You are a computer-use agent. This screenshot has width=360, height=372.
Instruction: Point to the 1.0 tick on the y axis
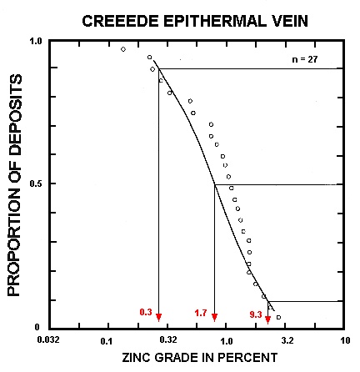coord(36,41)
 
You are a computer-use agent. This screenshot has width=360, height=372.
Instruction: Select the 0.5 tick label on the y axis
coord(36,184)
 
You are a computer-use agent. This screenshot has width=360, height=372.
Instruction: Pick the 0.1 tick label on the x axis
coord(106,341)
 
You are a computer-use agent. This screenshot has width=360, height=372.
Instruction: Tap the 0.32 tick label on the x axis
coord(167,341)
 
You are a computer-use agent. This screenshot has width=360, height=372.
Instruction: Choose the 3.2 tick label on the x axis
coord(287,341)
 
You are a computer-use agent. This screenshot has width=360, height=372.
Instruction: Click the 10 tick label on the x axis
coord(344,341)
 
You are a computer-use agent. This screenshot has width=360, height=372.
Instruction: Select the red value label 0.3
coord(145,313)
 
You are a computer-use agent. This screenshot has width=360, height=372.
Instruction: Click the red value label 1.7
coord(201,313)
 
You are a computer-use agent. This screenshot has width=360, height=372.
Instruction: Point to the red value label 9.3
coord(254,313)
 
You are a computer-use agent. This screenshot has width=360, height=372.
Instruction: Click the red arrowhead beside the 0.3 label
coord(158,317)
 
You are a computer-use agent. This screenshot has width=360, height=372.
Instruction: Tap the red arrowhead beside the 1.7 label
coord(215,317)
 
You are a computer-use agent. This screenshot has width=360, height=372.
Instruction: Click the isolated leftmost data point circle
coord(123,49)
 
